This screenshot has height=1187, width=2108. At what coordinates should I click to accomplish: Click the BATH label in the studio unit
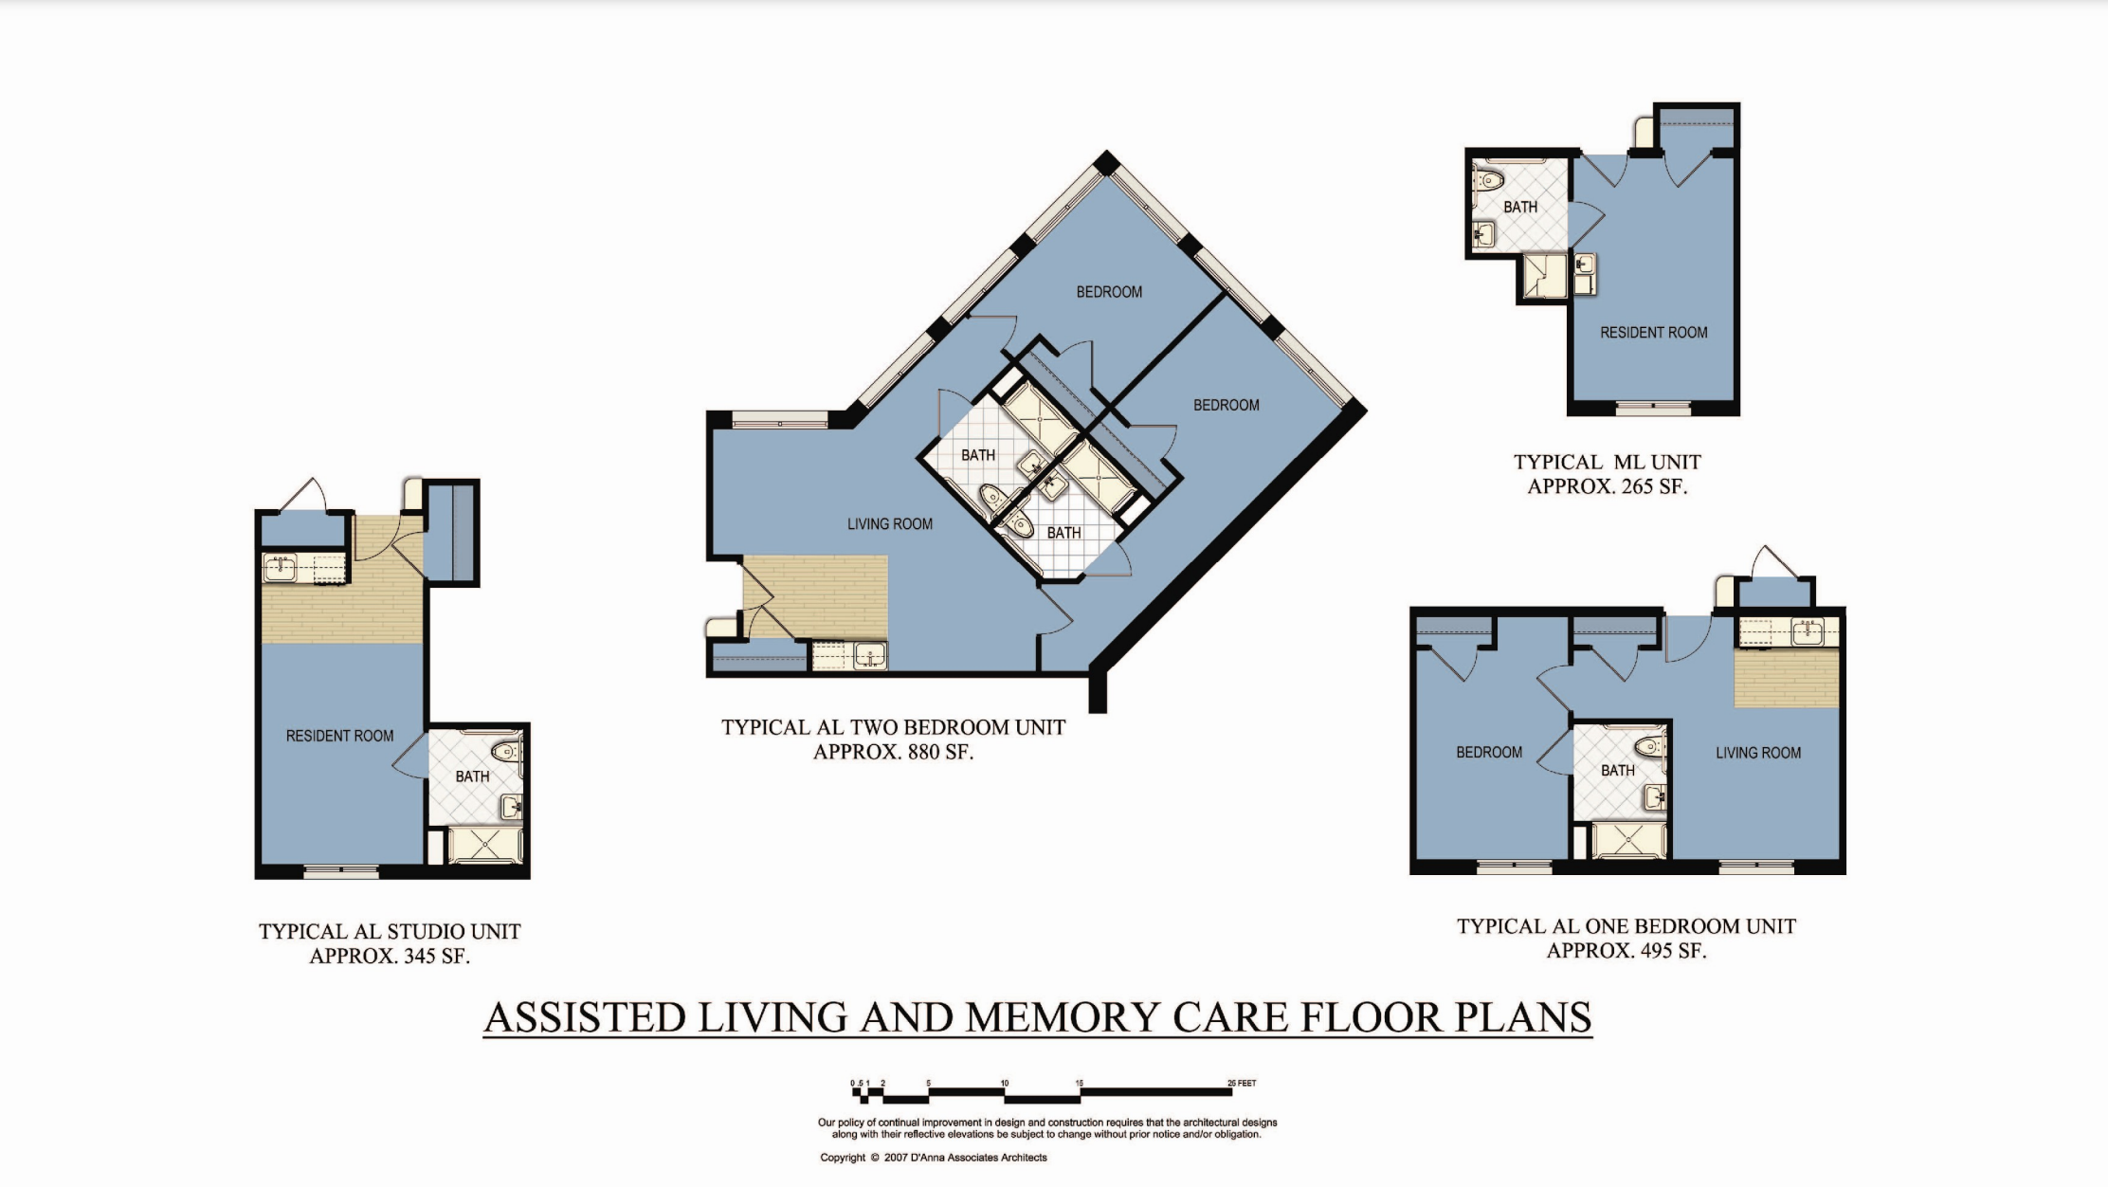point(472,776)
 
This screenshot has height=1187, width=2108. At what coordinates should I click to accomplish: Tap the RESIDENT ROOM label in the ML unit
point(1654,333)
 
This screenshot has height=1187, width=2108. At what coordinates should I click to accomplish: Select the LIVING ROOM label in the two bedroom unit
point(890,523)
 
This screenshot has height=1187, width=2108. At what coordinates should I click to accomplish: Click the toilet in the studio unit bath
point(506,752)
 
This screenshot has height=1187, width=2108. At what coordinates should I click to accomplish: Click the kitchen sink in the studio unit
point(281,568)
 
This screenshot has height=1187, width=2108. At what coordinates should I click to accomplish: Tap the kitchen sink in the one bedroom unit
point(1808,631)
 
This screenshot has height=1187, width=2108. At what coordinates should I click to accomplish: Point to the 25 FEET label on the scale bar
point(1242,1083)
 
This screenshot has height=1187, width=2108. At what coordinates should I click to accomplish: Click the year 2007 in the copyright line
point(896,1158)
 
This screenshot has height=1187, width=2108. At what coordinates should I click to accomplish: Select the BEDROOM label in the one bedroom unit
point(1489,753)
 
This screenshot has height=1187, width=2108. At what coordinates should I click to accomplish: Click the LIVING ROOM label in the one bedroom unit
point(1758,753)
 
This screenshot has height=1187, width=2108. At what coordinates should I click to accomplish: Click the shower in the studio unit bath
point(483,844)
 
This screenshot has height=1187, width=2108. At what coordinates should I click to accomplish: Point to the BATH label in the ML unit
point(1520,207)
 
